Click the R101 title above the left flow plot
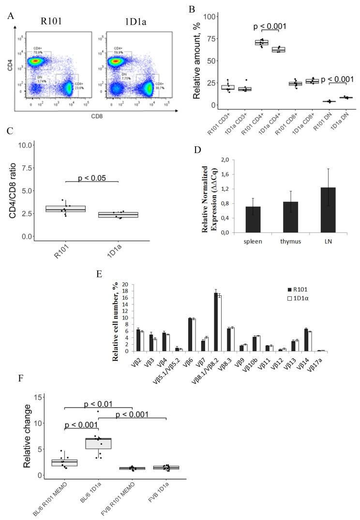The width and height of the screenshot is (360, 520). click(51, 22)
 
